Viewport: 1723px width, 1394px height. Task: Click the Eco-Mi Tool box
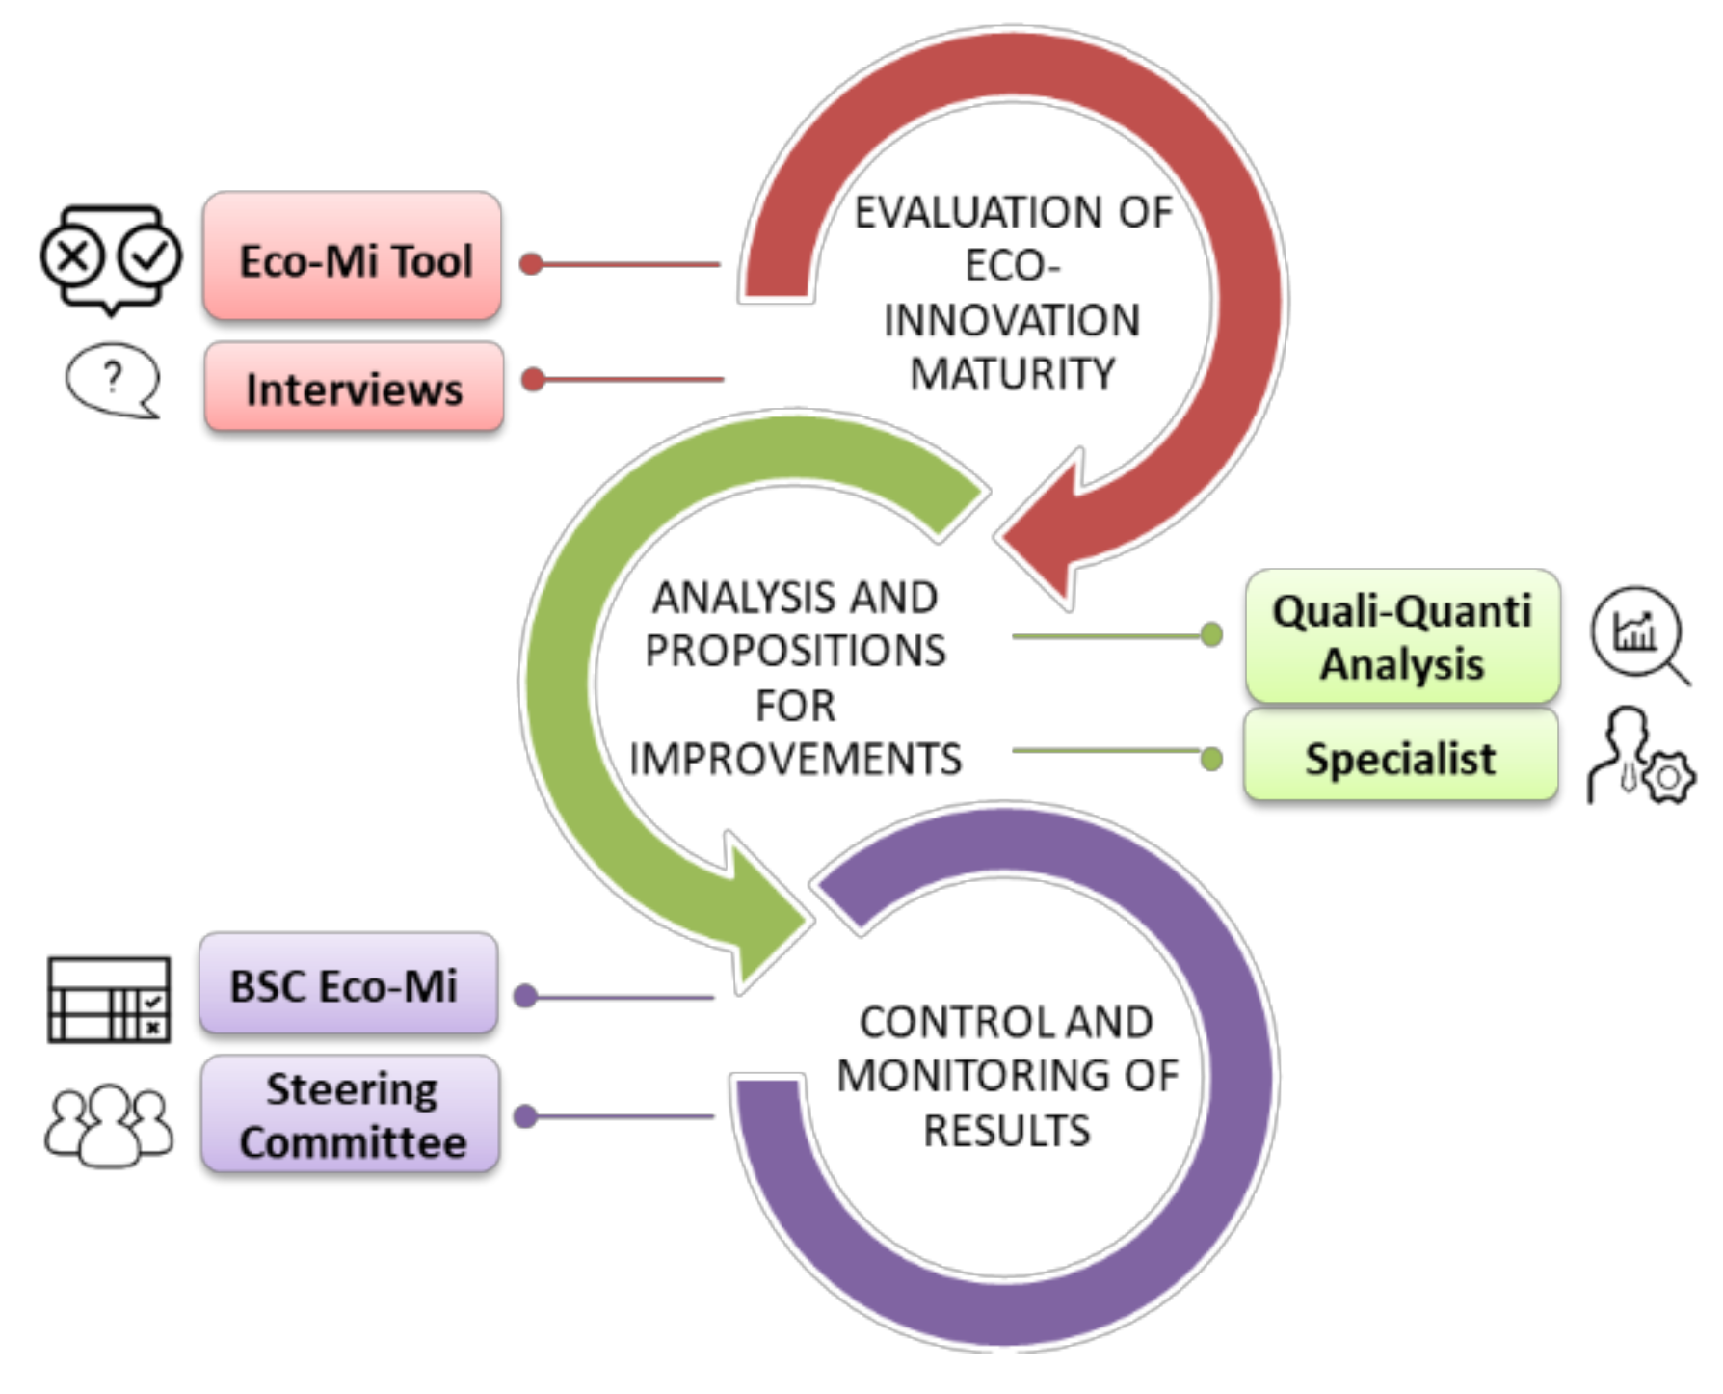pyautogui.click(x=353, y=257)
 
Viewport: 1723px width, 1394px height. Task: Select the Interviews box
pyautogui.click(x=354, y=388)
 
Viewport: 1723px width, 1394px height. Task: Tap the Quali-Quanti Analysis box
pyautogui.click(x=1402, y=636)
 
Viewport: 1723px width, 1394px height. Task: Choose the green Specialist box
pyautogui.click(x=1400, y=758)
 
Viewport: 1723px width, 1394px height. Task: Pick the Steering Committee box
pyautogui.click(x=351, y=1115)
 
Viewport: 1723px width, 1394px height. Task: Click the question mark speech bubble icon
pyautogui.click(x=113, y=380)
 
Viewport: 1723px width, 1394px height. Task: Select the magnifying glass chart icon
pyautogui.click(x=1637, y=634)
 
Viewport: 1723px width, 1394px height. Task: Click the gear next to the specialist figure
pyautogui.click(x=1668, y=777)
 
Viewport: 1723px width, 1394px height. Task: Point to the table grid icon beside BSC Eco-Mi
pyautogui.click(x=109, y=1000)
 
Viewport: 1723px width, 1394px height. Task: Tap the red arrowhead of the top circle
pyautogui.click(x=1046, y=535)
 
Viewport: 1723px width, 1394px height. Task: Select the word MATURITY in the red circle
pyautogui.click(x=1012, y=374)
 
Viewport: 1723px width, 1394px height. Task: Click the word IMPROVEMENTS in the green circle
pyautogui.click(x=795, y=759)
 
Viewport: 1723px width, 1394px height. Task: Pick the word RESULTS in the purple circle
pyautogui.click(x=1006, y=1130)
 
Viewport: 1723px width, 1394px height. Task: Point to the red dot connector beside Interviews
pyautogui.click(x=533, y=379)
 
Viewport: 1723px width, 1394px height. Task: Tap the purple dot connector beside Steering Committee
pyautogui.click(x=525, y=1116)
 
